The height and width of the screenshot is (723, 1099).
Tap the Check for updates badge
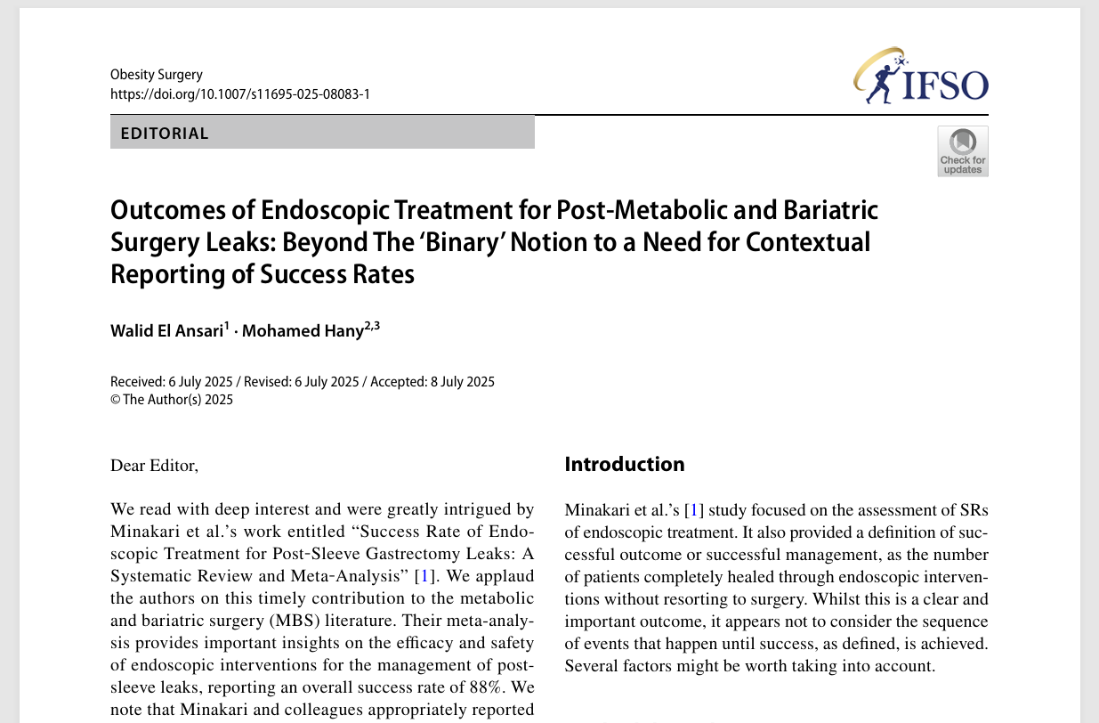962,150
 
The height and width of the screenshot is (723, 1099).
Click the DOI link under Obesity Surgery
239,93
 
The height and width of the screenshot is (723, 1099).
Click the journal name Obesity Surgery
157,75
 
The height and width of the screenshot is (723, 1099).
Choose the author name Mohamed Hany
303,330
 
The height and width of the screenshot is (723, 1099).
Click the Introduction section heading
625,464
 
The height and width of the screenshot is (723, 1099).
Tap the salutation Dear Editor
154,465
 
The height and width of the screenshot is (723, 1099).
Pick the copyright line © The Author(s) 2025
172,400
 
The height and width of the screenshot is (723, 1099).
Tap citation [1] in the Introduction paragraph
694,510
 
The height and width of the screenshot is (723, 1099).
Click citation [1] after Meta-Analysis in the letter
426,576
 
